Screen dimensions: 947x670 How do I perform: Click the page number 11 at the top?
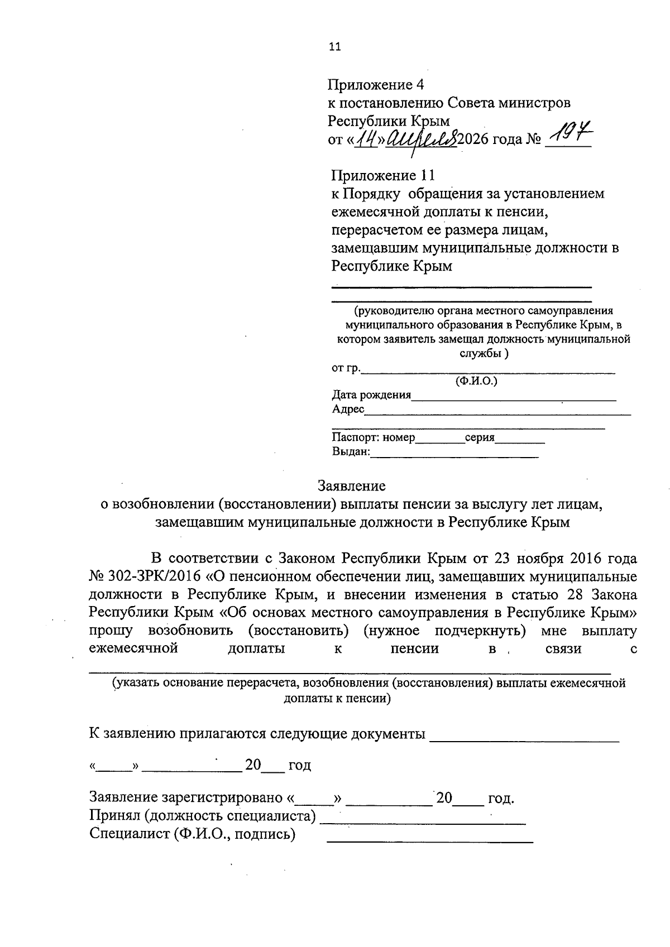point(335,46)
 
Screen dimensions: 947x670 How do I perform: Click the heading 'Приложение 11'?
point(383,175)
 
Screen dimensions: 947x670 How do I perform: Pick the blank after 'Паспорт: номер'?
point(440,441)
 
